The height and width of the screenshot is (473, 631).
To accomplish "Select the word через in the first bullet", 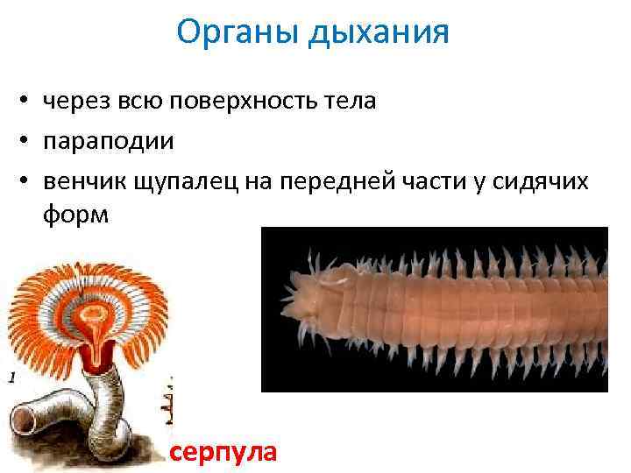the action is point(76,102).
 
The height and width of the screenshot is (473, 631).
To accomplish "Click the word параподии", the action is point(109,142).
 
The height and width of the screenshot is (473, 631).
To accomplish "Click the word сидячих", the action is point(541,182).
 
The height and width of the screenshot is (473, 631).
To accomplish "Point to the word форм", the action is point(76,215).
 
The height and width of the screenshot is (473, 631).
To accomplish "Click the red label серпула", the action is point(223,453).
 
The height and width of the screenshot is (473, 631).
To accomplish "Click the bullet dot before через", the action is point(25,99).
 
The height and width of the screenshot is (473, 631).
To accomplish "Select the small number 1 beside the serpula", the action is point(12,378).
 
